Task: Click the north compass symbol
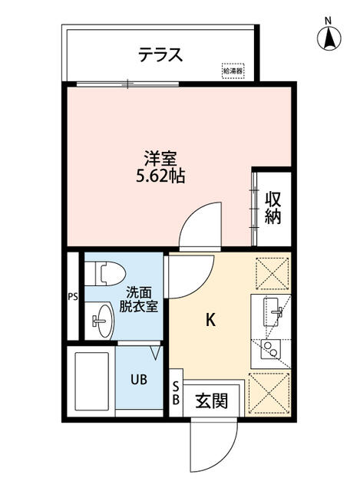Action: point(328,36)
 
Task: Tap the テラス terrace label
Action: point(160,54)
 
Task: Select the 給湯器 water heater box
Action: point(233,71)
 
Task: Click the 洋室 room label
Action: point(160,160)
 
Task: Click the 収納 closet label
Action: point(272,206)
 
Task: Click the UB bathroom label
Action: point(137,380)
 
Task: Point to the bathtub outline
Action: point(91,381)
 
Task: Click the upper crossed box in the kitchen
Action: point(270,273)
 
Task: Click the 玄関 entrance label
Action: point(211,400)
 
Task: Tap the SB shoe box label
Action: point(176,393)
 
